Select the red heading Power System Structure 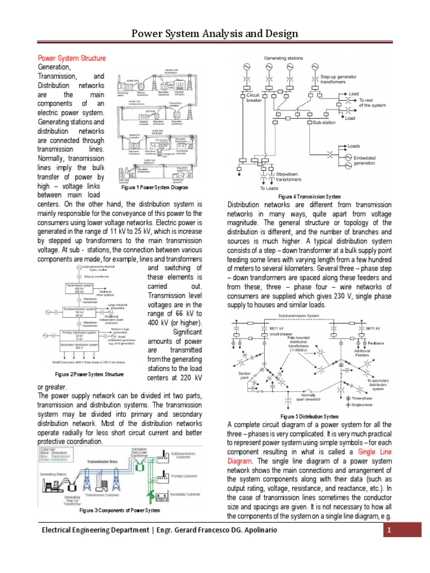point(72,58)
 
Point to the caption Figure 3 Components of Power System point(120,510)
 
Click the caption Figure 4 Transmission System point(310,197)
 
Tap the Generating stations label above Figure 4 point(283,58)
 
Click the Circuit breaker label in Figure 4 point(254,98)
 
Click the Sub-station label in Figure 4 point(325,121)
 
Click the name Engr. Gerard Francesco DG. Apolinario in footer point(286,530)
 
